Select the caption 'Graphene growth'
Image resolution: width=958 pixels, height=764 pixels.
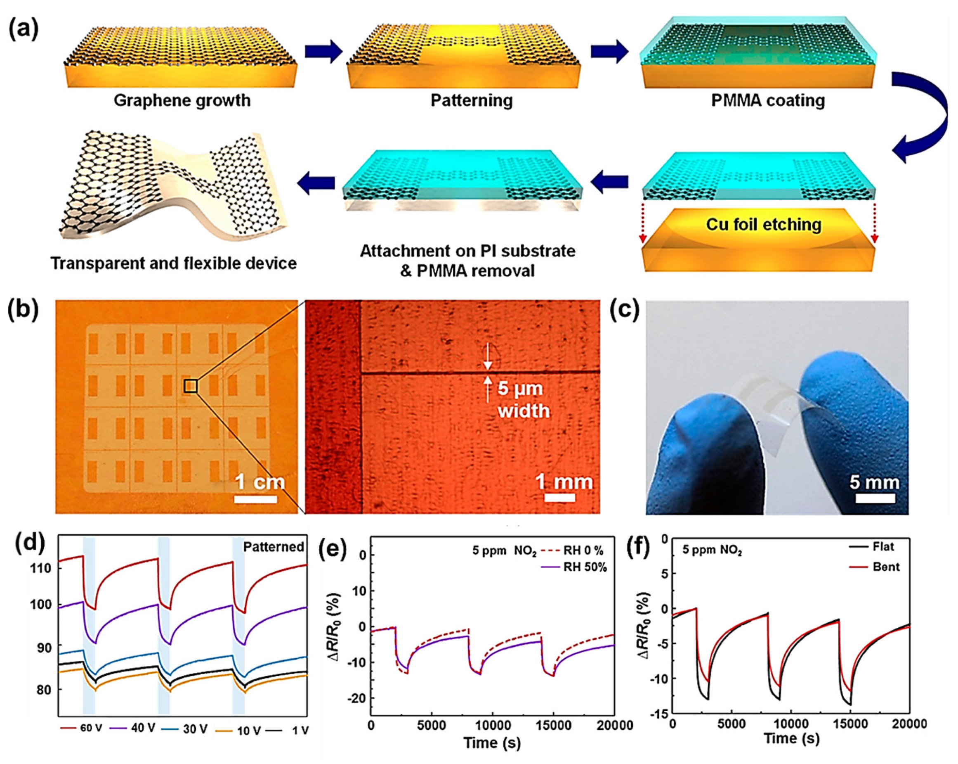click(x=182, y=100)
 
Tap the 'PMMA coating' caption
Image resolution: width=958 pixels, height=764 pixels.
click(x=768, y=100)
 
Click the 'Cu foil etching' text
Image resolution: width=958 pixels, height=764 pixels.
click(x=763, y=225)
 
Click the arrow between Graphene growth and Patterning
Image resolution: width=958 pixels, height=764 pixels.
click(x=323, y=52)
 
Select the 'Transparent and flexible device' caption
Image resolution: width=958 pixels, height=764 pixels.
click(x=174, y=263)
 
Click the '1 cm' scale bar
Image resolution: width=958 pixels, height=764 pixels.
click(x=256, y=498)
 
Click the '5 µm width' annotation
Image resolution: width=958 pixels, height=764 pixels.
click(x=523, y=399)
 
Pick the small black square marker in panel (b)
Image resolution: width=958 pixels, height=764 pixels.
click(x=191, y=386)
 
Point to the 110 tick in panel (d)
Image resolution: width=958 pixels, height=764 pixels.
click(x=41, y=568)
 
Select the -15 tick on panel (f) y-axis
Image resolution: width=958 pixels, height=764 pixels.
click(x=658, y=713)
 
